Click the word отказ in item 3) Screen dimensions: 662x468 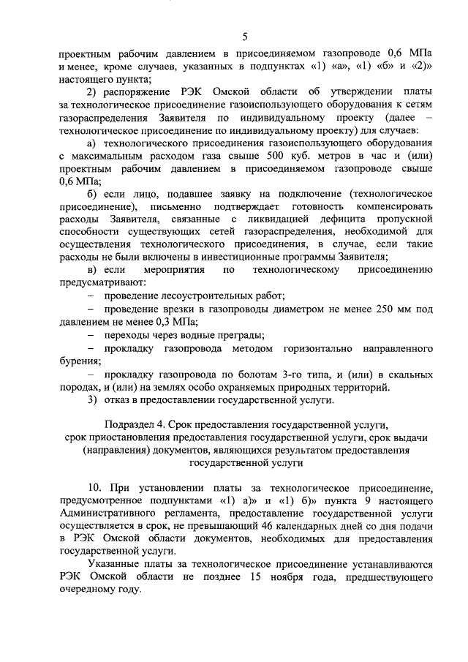click(x=118, y=400)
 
